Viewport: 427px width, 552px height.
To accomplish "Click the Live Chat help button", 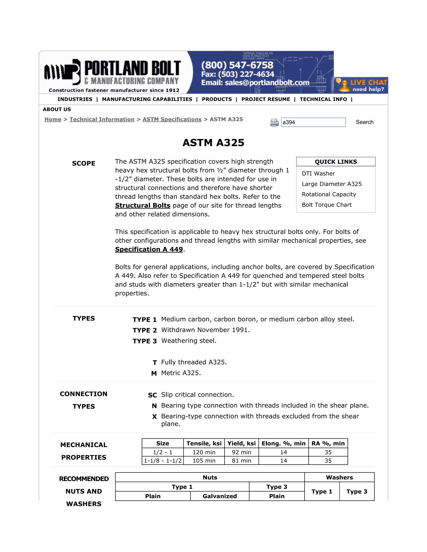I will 361,85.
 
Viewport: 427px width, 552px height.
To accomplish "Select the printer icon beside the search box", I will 274,122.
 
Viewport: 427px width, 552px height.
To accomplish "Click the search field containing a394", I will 313,122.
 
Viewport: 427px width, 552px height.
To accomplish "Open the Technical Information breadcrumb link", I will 102,119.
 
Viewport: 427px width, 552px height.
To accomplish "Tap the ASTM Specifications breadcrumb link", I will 172,119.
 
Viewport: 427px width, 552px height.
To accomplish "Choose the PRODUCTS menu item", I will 217,99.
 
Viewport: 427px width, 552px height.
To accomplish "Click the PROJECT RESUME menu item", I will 266,99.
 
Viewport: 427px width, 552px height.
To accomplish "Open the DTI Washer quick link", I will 318,173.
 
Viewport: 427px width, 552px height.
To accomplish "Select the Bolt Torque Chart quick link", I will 327,205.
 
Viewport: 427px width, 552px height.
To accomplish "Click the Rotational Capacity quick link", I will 329,194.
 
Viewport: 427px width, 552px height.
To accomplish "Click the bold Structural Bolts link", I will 143,205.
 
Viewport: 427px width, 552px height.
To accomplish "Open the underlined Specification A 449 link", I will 149,250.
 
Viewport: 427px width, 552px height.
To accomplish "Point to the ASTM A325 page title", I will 213,142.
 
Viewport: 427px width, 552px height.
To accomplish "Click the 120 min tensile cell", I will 204,452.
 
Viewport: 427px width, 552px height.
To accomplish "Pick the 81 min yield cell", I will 241,461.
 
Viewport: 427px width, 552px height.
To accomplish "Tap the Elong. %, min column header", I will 283,443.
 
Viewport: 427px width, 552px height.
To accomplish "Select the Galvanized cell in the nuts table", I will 220,496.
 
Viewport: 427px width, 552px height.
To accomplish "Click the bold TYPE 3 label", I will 145,341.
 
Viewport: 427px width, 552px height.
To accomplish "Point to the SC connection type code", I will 153,395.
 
